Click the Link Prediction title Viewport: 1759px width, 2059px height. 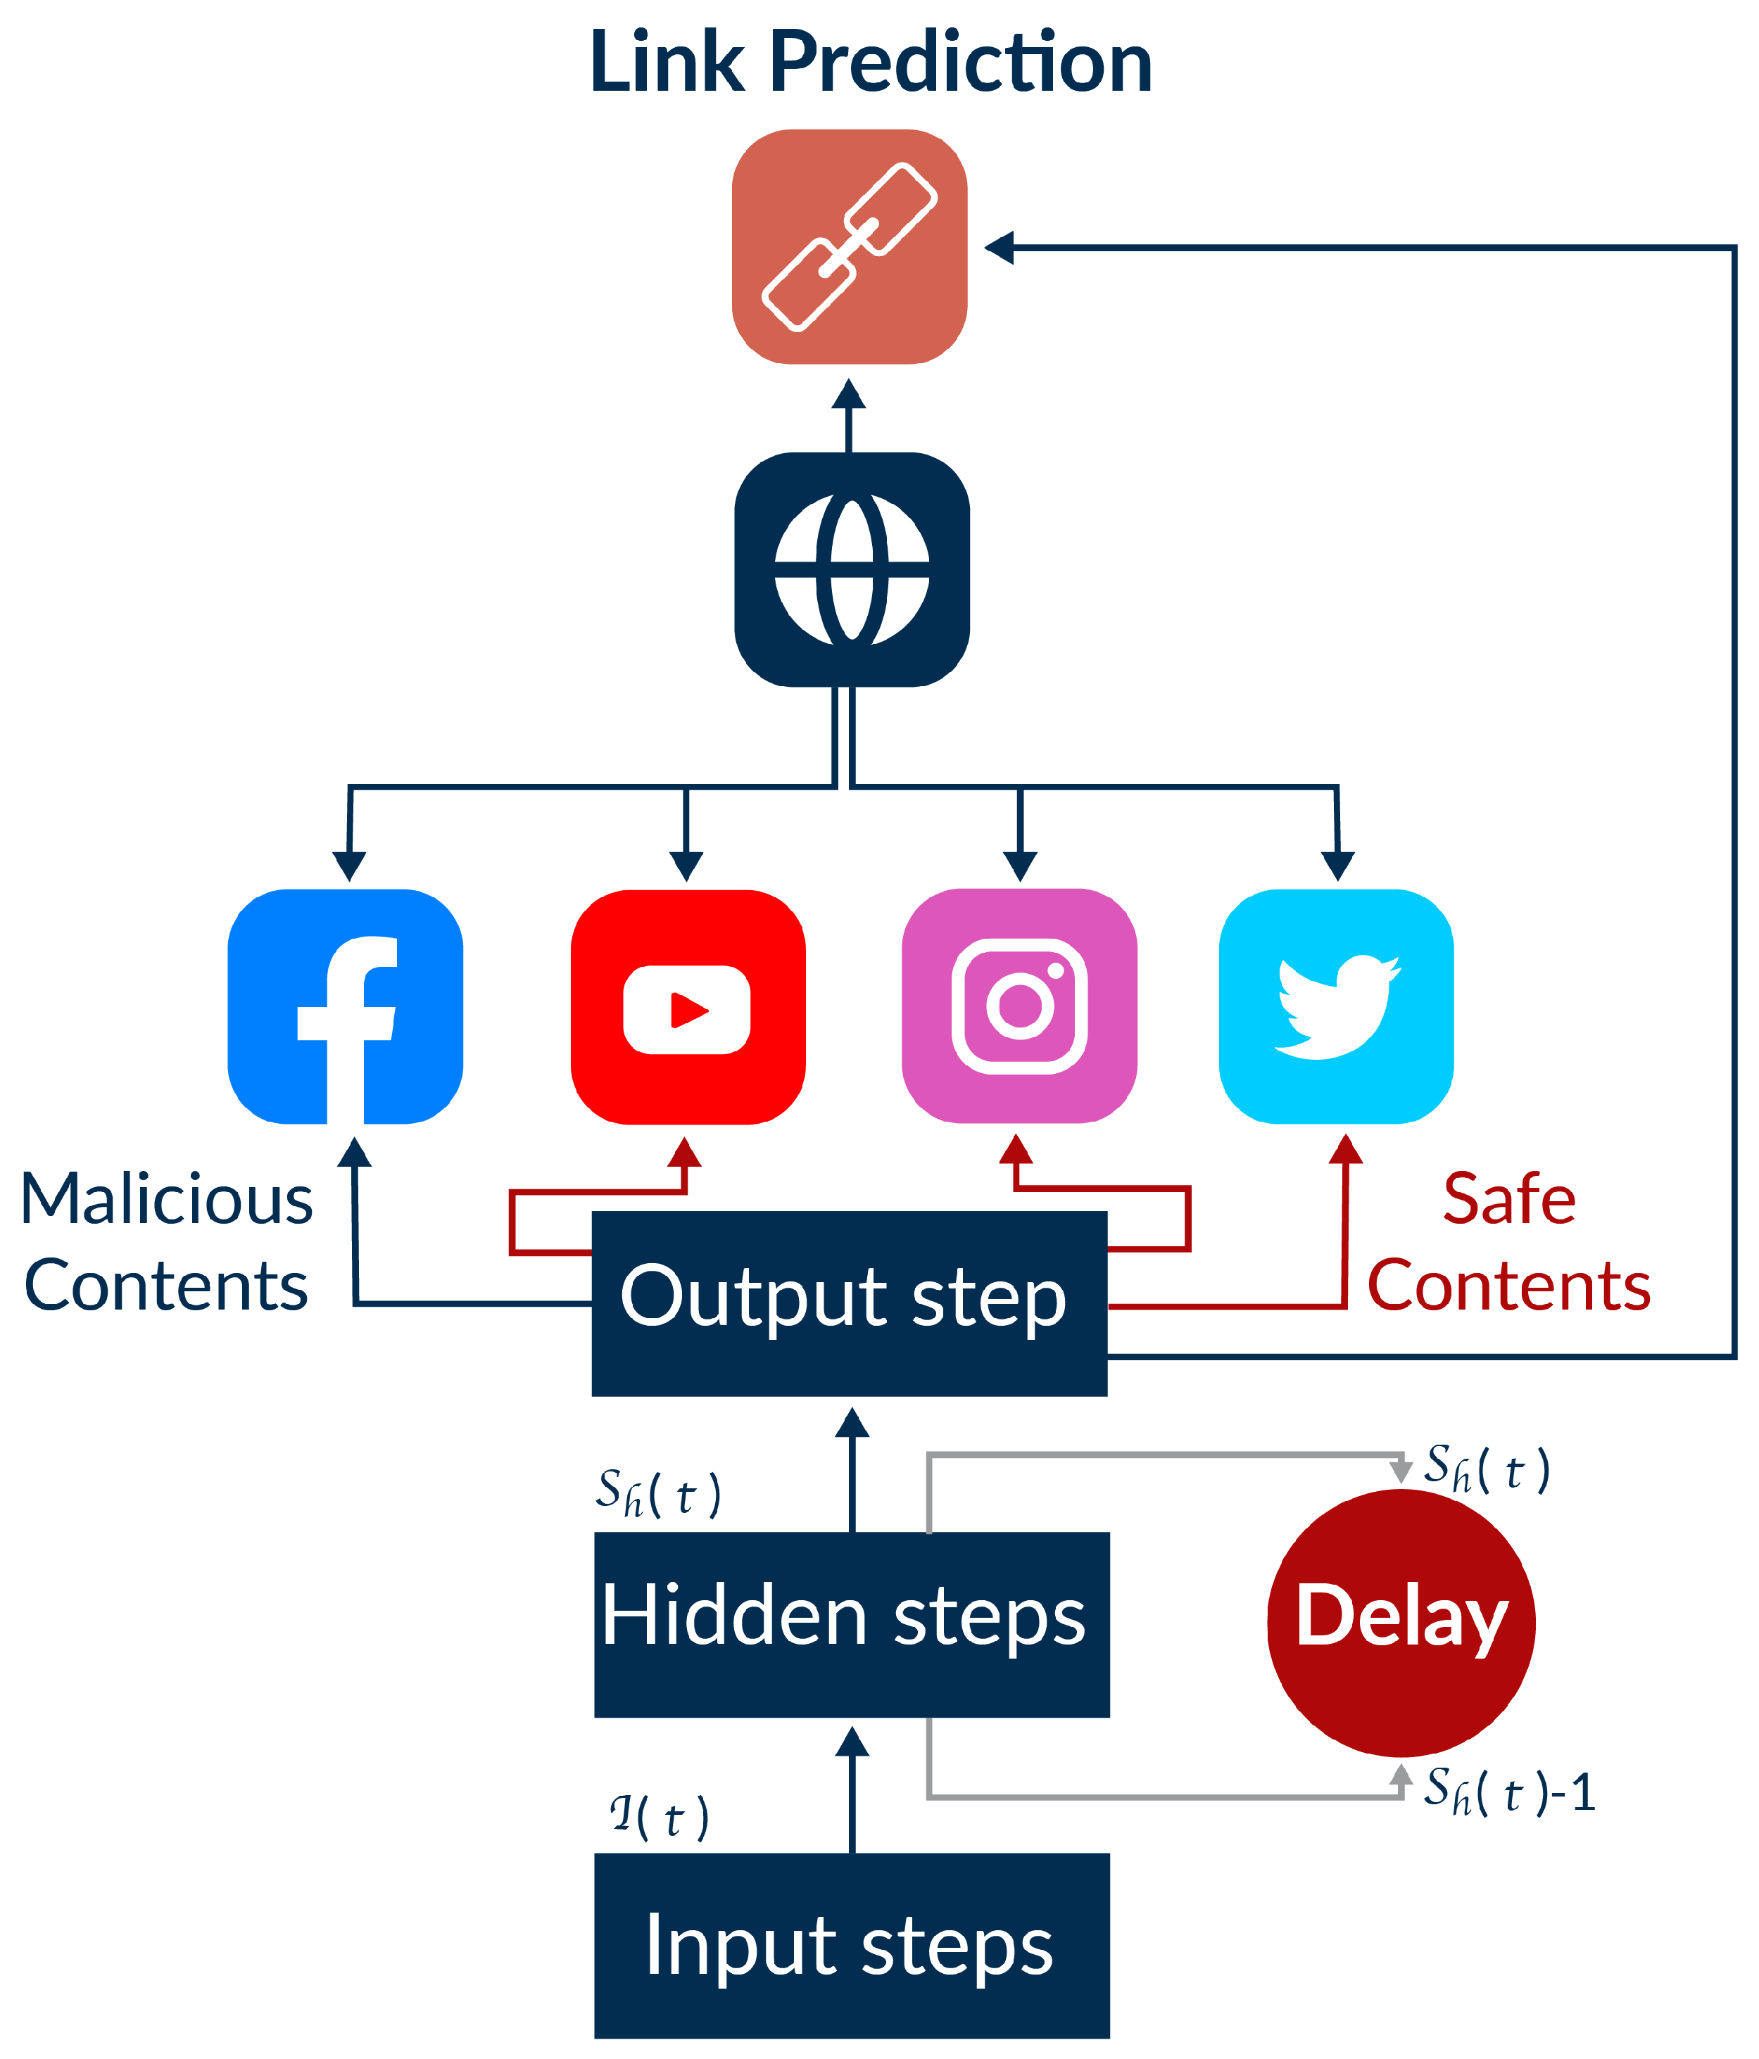click(871, 62)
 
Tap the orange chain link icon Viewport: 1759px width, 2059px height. click(850, 246)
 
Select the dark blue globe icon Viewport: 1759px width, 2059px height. click(852, 569)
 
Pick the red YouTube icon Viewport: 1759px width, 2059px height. click(688, 1007)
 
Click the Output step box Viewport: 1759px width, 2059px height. click(849, 1303)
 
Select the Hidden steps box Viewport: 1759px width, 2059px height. click(852, 1623)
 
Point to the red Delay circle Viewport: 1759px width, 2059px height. click(1401, 1623)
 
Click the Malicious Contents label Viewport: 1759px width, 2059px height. click(166, 1242)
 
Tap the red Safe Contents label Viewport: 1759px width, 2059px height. click(1508, 1242)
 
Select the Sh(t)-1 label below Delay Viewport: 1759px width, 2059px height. click(1508, 1791)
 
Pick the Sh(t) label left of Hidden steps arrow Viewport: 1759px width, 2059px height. click(658, 1493)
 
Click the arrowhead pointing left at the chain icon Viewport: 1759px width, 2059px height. click(999, 248)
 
